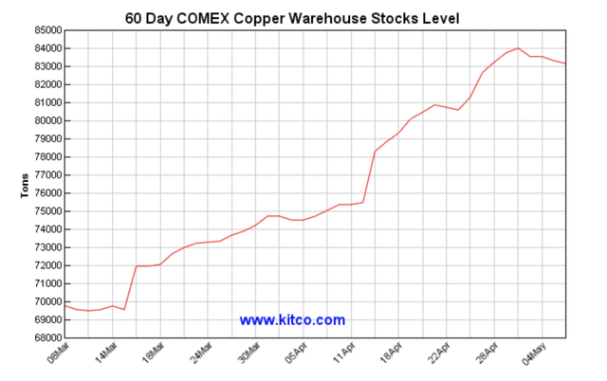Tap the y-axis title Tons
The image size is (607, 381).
click(x=25, y=184)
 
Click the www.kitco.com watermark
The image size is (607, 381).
click(x=292, y=320)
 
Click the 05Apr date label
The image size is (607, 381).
click(x=295, y=354)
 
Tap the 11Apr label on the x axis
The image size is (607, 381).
click(x=343, y=354)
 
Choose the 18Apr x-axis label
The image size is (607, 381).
click(x=392, y=354)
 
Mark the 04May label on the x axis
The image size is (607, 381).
click(x=535, y=354)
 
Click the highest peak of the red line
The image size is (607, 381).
click(x=518, y=48)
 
